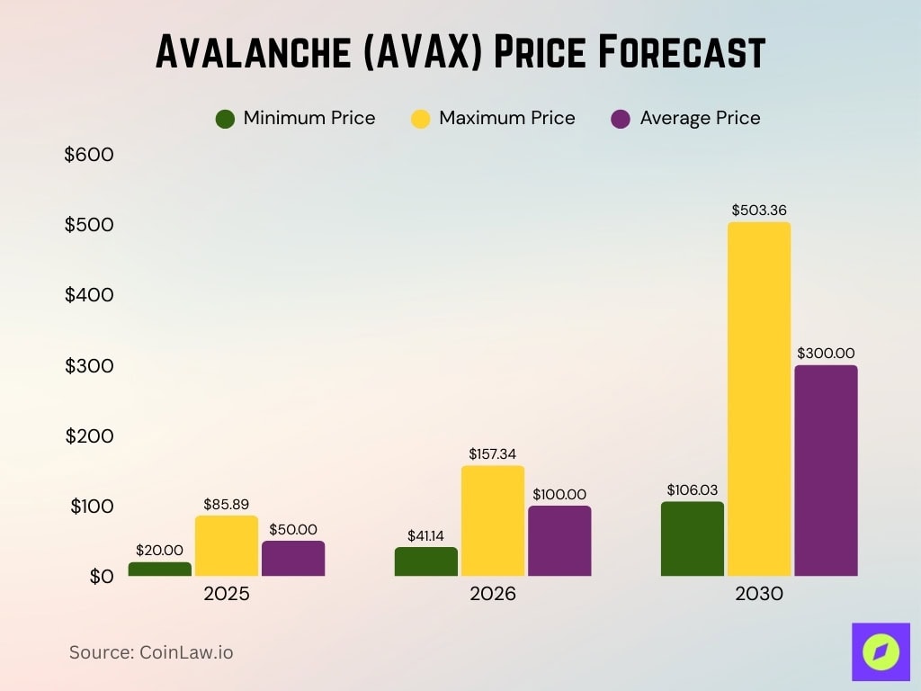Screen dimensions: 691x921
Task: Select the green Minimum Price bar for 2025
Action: (160, 569)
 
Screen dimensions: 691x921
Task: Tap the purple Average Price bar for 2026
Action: (559, 541)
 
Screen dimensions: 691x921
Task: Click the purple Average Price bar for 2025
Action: (293, 558)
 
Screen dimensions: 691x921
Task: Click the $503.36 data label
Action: (759, 211)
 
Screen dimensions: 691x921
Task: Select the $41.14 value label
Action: (426, 535)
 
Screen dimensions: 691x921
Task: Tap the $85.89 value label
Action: (227, 504)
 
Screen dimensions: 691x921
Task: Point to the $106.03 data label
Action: (693, 489)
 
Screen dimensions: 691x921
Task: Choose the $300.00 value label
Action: (826, 354)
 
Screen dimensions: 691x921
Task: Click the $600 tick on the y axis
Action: (89, 155)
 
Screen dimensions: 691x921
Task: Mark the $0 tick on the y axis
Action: (102, 576)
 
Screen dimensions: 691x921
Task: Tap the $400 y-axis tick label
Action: (89, 295)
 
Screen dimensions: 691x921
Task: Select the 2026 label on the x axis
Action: (493, 595)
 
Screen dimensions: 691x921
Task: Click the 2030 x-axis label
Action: (759, 595)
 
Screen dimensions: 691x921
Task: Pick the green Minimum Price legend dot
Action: (226, 119)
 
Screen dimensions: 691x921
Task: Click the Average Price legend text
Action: (700, 118)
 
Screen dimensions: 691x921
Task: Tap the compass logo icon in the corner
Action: (881, 651)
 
